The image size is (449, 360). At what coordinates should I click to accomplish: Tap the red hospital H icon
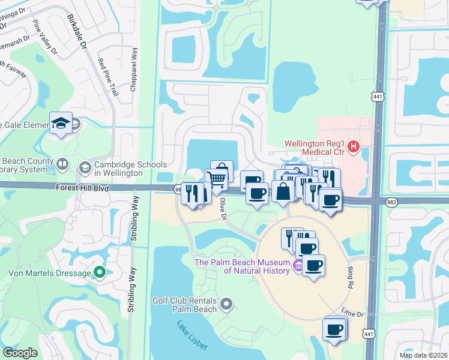354,146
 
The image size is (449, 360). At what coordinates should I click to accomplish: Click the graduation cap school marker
61,122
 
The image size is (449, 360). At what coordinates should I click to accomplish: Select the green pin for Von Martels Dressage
101,273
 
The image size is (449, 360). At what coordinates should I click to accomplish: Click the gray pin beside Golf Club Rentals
226,304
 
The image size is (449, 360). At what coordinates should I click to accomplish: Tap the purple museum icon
298,266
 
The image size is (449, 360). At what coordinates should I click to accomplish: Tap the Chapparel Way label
133,70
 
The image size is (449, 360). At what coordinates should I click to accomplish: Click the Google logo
20,353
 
